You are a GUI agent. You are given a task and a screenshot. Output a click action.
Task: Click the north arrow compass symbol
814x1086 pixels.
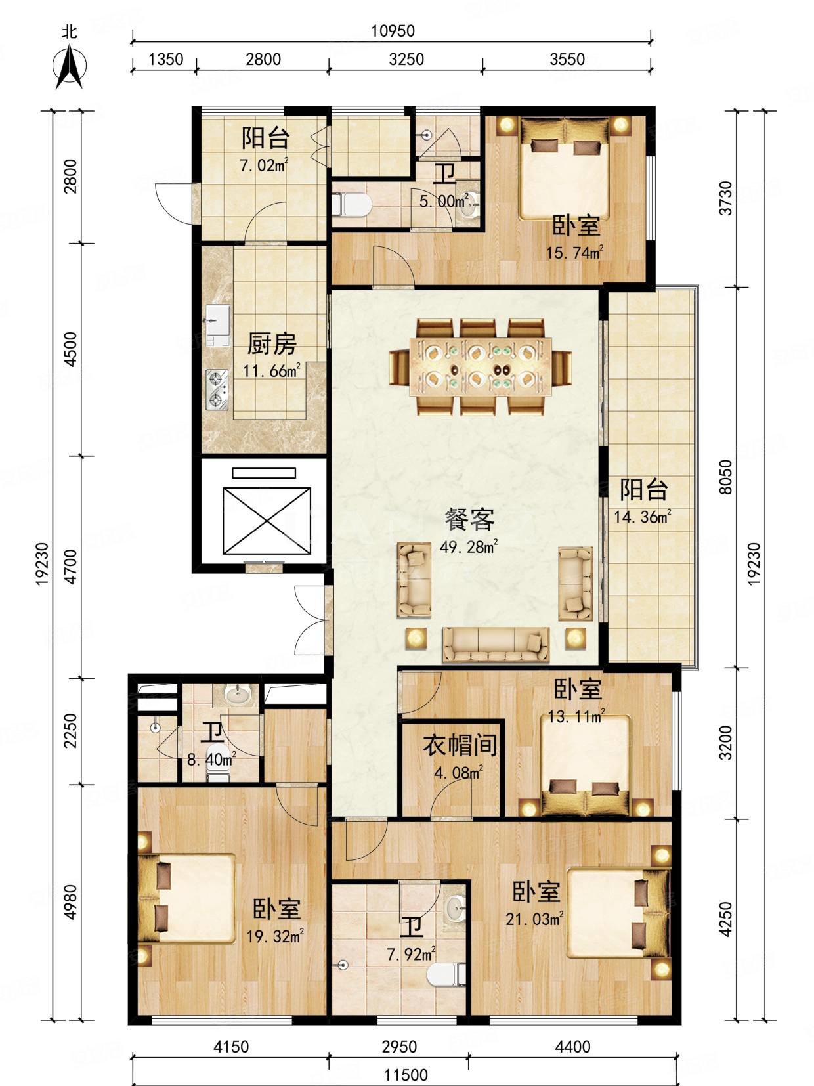(x=70, y=66)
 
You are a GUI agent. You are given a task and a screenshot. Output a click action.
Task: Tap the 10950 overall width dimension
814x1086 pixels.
(x=393, y=31)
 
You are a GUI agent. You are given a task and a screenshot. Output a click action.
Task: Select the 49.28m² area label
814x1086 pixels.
(x=468, y=547)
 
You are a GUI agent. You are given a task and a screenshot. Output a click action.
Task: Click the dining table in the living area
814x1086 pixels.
(x=481, y=366)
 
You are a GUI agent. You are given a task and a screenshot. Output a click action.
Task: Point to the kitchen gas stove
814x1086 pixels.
(x=217, y=389)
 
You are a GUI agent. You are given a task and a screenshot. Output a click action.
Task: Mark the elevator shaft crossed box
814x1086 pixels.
(x=267, y=521)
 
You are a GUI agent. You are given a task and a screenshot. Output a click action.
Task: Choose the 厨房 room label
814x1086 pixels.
(x=272, y=344)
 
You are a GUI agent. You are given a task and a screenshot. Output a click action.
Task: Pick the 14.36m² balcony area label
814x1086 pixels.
(x=643, y=517)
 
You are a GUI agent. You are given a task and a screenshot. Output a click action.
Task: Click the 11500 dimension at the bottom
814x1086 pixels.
(x=406, y=1074)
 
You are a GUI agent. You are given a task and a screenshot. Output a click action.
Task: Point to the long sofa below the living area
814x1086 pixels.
(x=496, y=645)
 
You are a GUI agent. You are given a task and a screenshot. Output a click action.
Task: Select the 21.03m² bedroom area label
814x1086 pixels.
(x=534, y=919)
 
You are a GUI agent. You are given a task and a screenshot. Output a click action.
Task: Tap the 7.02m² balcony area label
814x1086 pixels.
(x=265, y=165)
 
